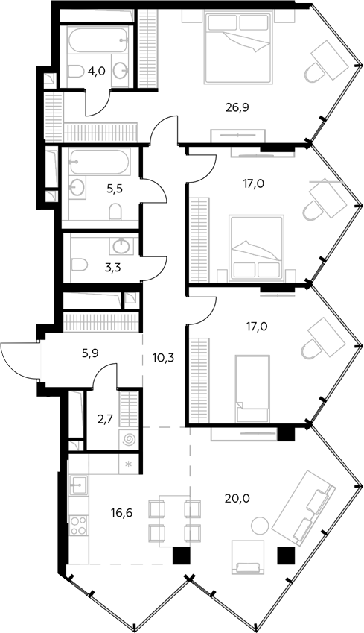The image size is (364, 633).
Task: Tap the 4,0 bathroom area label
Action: [97, 72]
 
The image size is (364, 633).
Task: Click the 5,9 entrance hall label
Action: [90, 353]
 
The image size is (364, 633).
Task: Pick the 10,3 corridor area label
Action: [163, 357]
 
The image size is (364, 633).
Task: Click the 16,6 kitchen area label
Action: [122, 513]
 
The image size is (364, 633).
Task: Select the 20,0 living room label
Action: [237, 499]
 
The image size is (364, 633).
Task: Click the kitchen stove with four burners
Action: [78, 525]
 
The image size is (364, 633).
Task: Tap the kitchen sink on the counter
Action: [78, 485]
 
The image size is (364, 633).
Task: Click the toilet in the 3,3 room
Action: [80, 265]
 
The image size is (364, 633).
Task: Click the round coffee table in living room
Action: [260, 525]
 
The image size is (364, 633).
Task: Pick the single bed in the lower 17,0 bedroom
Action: [252, 388]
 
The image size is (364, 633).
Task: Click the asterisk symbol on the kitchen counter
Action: [129, 464]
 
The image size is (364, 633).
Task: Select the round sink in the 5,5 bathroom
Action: [77, 187]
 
